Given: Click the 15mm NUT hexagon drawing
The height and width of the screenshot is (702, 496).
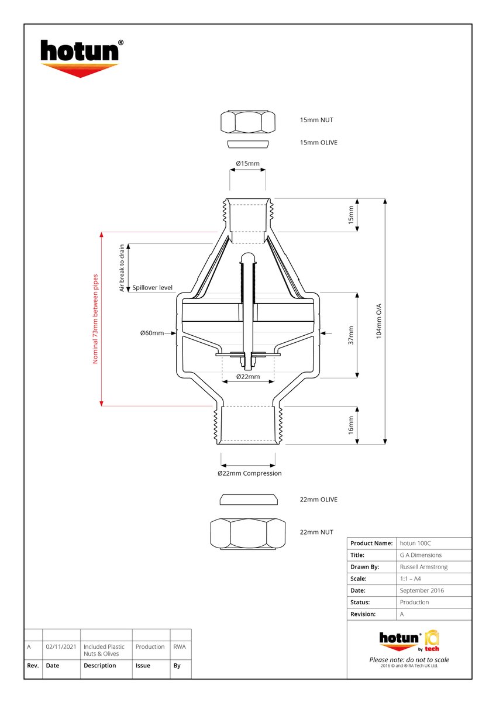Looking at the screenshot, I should tap(248, 122).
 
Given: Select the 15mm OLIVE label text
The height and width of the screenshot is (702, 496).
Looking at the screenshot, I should tap(318, 143).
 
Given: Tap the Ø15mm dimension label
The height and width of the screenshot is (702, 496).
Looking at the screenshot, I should tap(247, 163).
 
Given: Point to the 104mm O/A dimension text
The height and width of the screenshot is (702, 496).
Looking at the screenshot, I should tap(378, 321).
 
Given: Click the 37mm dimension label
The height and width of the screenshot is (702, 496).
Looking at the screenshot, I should tap(351, 335).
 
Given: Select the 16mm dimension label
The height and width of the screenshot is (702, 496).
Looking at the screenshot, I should tap(351, 425).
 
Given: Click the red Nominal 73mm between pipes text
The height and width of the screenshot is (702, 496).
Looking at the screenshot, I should tap(95, 319).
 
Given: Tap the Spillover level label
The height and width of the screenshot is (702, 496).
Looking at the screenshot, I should tap(152, 288).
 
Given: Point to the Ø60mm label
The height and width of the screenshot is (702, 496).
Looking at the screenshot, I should tap(151, 333).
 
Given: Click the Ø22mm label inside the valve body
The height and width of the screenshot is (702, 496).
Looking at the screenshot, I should tap(247, 377).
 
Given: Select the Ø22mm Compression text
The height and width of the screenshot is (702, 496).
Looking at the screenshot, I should tap(249, 473).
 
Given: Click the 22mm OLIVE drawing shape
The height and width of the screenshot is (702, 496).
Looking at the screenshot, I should tap(248, 500).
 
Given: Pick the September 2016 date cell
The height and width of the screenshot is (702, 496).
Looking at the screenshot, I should tap(422, 590).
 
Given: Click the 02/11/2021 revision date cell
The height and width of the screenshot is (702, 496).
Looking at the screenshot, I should tap(61, 647).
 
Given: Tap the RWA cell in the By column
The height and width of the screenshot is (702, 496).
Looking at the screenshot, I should tap(179, 647).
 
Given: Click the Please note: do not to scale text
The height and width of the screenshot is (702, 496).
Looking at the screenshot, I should tap(409, 660).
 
